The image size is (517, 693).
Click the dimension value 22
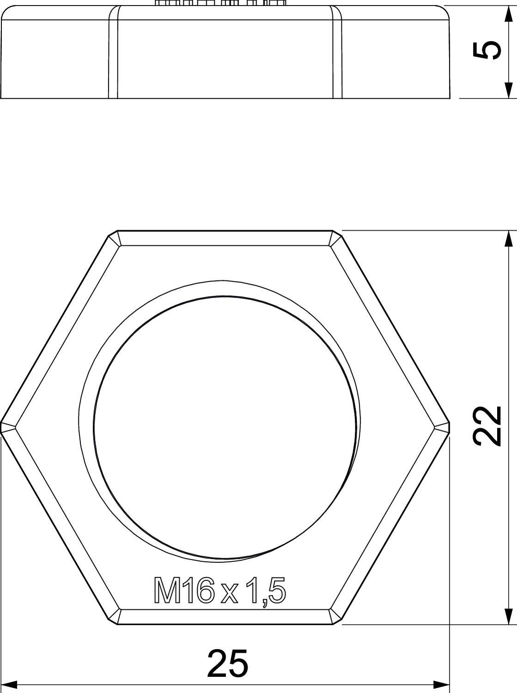point(488,426)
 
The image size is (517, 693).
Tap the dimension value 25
point(228,663)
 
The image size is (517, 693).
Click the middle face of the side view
point(225,53)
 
